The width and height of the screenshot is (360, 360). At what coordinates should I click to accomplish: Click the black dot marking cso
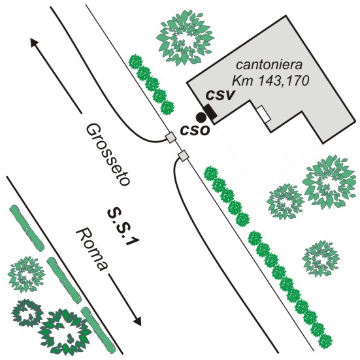click(201, 118)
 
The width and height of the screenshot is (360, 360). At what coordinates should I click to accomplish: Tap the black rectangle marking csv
click(210, 112)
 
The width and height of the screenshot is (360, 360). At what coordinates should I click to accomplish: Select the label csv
click(221, 95)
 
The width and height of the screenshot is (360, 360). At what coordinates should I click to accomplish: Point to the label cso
click(195, 130)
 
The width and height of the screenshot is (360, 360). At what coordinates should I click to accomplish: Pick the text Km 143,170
click(270, 80)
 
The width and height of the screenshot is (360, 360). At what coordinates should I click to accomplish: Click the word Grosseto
click(107, 155)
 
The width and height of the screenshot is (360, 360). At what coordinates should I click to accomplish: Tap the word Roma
click(91, 250)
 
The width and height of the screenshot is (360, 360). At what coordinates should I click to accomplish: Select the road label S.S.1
click(123, 227)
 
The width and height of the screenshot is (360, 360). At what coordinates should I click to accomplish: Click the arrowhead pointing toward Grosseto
click(34, 42)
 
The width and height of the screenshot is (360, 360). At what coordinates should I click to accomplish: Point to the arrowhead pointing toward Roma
click(137, 321)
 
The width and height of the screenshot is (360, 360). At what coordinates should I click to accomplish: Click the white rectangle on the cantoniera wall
click(263, 114)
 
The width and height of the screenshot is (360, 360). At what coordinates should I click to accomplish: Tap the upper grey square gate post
click(171, 137)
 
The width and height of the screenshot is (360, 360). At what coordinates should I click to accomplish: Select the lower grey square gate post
click(183, 156)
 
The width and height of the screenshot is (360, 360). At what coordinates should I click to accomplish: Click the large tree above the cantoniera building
click(185, 38)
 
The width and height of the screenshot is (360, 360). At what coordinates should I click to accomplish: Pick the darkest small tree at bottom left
click(27, 314)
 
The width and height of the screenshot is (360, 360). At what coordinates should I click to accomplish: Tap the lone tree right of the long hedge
click(321, 259)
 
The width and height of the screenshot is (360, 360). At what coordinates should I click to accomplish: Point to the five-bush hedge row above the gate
click(152, 84)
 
